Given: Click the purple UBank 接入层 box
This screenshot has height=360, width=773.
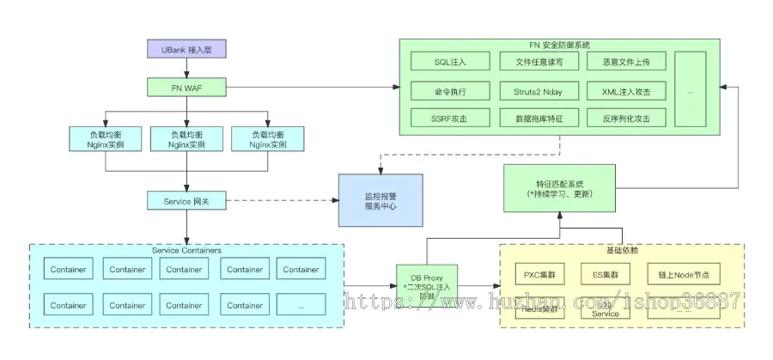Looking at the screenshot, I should pyautogui.click(x=186, y=51).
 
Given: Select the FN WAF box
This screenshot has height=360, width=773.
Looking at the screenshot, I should pyautogui.click(x=186, y=87).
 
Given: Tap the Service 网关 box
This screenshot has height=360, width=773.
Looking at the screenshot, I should pyautogui.click(x=186, y=201).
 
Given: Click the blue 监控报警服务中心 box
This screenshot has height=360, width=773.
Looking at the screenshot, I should pyautogui.click(x=380, y=200).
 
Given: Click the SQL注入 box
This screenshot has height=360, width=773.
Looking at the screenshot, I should pyautogui.click(x=449, y=62).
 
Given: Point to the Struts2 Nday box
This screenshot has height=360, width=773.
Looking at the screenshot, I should pyautogui.click(x=538, y=90).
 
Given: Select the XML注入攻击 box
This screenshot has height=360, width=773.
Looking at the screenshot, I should pyautogui.click(x=625, y=90).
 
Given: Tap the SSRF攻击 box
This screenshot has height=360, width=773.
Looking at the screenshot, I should pyautogui.click(x=449, y=118).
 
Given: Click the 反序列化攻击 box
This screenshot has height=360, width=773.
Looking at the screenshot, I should pyautogui.click(x=625, y=118).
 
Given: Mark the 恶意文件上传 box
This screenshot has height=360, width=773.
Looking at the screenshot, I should pyautogui.click(x=625, y=62).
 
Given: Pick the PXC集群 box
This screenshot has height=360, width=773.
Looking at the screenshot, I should pyautogui.click(x=541, y=275).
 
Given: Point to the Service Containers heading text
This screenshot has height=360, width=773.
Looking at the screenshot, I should pyautogui.click(x=186, y=250).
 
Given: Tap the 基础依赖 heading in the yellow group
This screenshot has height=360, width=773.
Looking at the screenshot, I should pyautogui.click(x=621, y=250).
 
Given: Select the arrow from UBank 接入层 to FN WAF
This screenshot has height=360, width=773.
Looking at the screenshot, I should pyautogui.click(x=186, y=69).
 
